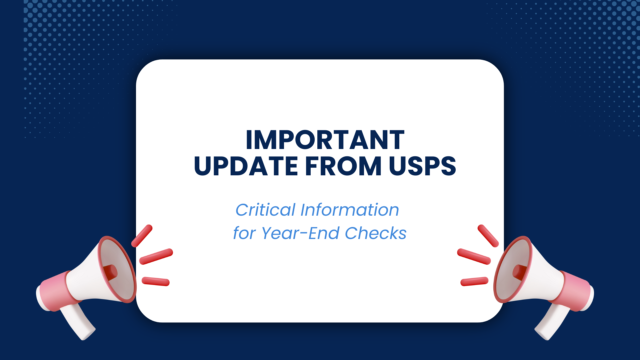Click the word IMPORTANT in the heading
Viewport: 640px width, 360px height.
click(325, 140)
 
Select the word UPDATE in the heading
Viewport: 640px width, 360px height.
click(246, 166)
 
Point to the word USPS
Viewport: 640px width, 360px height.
click(422, 166)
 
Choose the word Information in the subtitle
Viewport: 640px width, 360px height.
click(350, 210)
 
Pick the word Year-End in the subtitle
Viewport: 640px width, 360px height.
click(300, 233)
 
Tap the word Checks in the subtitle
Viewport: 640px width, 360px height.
click(376, 233)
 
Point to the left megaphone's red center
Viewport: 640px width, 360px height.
click(111, 272)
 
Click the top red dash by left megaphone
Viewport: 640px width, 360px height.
click(142, 236)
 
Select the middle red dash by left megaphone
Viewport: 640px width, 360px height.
click(156, 256)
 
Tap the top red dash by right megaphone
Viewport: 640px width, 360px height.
click(488, 236)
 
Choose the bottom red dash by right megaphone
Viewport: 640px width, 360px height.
click(474, 281)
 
